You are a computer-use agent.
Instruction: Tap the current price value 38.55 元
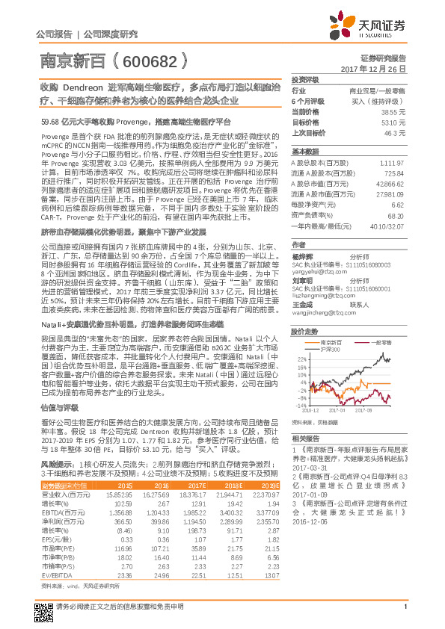click(x=393, y=111)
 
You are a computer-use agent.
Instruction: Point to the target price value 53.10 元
click(x=393, y=120)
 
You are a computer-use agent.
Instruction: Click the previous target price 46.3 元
click(x=396, y=131)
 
